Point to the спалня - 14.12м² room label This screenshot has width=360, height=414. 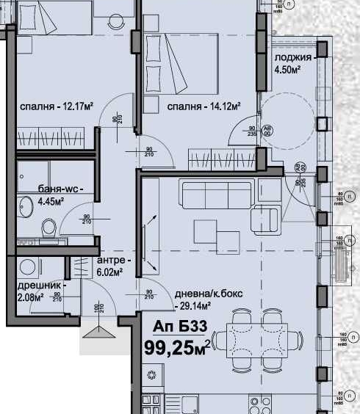pos(204,107)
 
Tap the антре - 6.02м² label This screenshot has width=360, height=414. pos(114,266)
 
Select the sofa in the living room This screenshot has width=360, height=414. pos(217,196)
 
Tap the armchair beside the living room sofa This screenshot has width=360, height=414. pos(264,219)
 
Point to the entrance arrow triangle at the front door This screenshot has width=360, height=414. pos(98,333)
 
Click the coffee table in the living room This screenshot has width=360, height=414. pos(217,234)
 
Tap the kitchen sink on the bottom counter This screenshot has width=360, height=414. pos(190,403)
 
